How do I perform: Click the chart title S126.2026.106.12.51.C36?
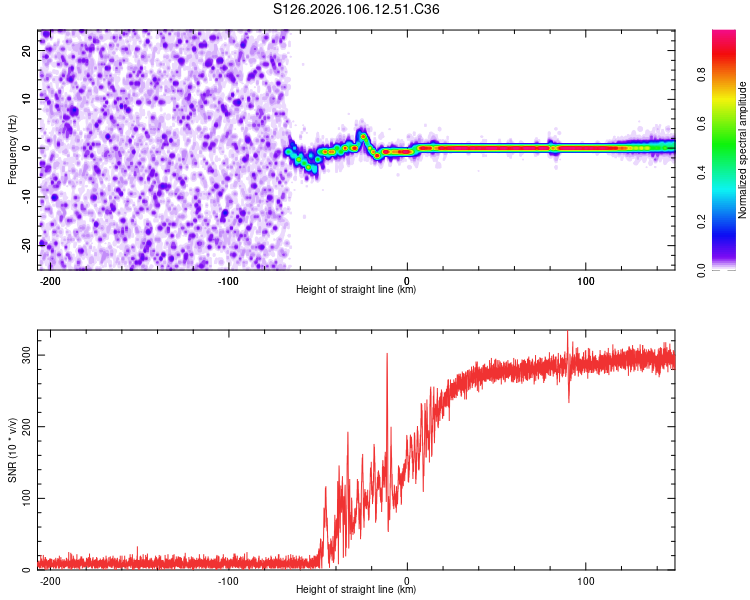pos(356,10)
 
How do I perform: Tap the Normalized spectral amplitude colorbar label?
pos(743,150)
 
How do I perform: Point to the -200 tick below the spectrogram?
pos(50,279)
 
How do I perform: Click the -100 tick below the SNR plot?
pos(228,579)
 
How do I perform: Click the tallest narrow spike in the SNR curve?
pos(386,354)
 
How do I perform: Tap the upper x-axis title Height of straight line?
pos(356,290)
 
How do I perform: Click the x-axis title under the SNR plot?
pos(356,590)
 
